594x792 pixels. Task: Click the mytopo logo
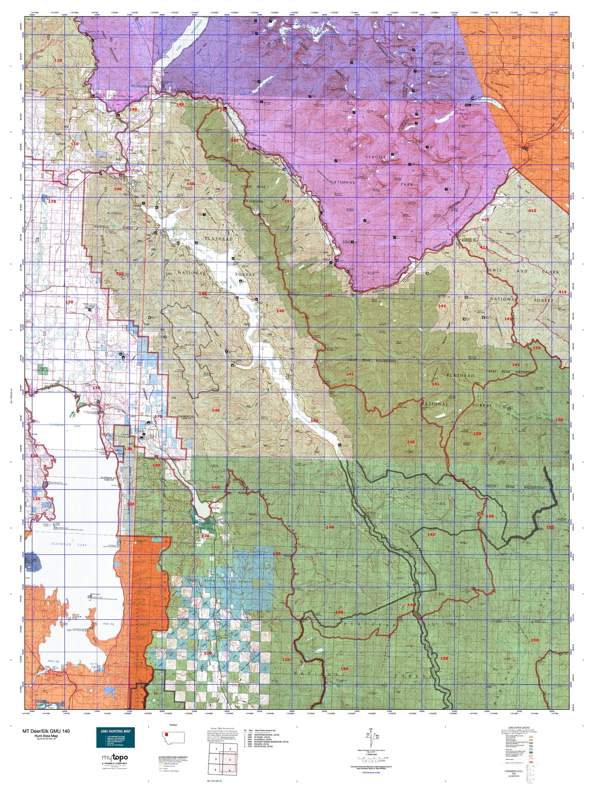(115, 757)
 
